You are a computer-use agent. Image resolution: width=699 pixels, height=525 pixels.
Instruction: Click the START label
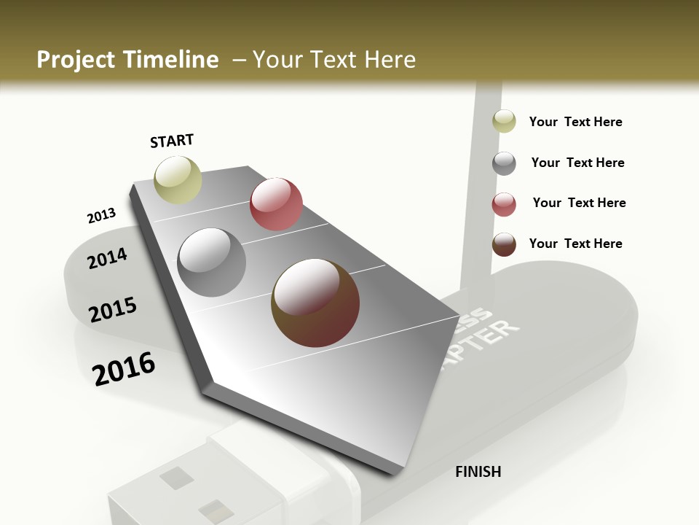[172, 141]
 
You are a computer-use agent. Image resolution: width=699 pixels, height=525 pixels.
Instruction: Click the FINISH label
[478, 472]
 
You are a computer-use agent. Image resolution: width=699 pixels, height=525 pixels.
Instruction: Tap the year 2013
[101, 215]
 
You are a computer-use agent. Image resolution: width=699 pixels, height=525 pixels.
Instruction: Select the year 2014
[107, 258]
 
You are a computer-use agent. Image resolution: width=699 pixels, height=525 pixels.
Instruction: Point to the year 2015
[113, 309]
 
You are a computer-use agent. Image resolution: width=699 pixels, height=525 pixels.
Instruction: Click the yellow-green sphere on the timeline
[178, 179]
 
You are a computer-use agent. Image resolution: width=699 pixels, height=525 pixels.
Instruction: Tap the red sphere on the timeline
[276, 203]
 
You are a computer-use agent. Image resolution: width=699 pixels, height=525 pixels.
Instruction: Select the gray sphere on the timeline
[212, 262]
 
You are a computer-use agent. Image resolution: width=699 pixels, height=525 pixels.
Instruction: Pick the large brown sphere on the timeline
[315, 303]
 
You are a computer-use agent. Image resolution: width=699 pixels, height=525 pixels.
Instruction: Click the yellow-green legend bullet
[504, 121]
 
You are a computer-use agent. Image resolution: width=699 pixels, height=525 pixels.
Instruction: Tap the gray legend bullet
[504, 163]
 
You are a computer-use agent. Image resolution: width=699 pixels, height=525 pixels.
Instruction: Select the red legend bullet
[504, 204]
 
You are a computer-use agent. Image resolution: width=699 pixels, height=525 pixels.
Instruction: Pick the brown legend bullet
[504, 244]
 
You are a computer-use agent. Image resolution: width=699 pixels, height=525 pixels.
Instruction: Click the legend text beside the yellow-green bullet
[575, 122]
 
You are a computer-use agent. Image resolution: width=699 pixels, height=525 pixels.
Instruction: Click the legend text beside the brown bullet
[575, 244]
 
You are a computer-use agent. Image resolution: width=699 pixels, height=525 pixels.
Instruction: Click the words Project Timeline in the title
[127, 60]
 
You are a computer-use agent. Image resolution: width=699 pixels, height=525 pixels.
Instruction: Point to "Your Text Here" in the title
[333, 60]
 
